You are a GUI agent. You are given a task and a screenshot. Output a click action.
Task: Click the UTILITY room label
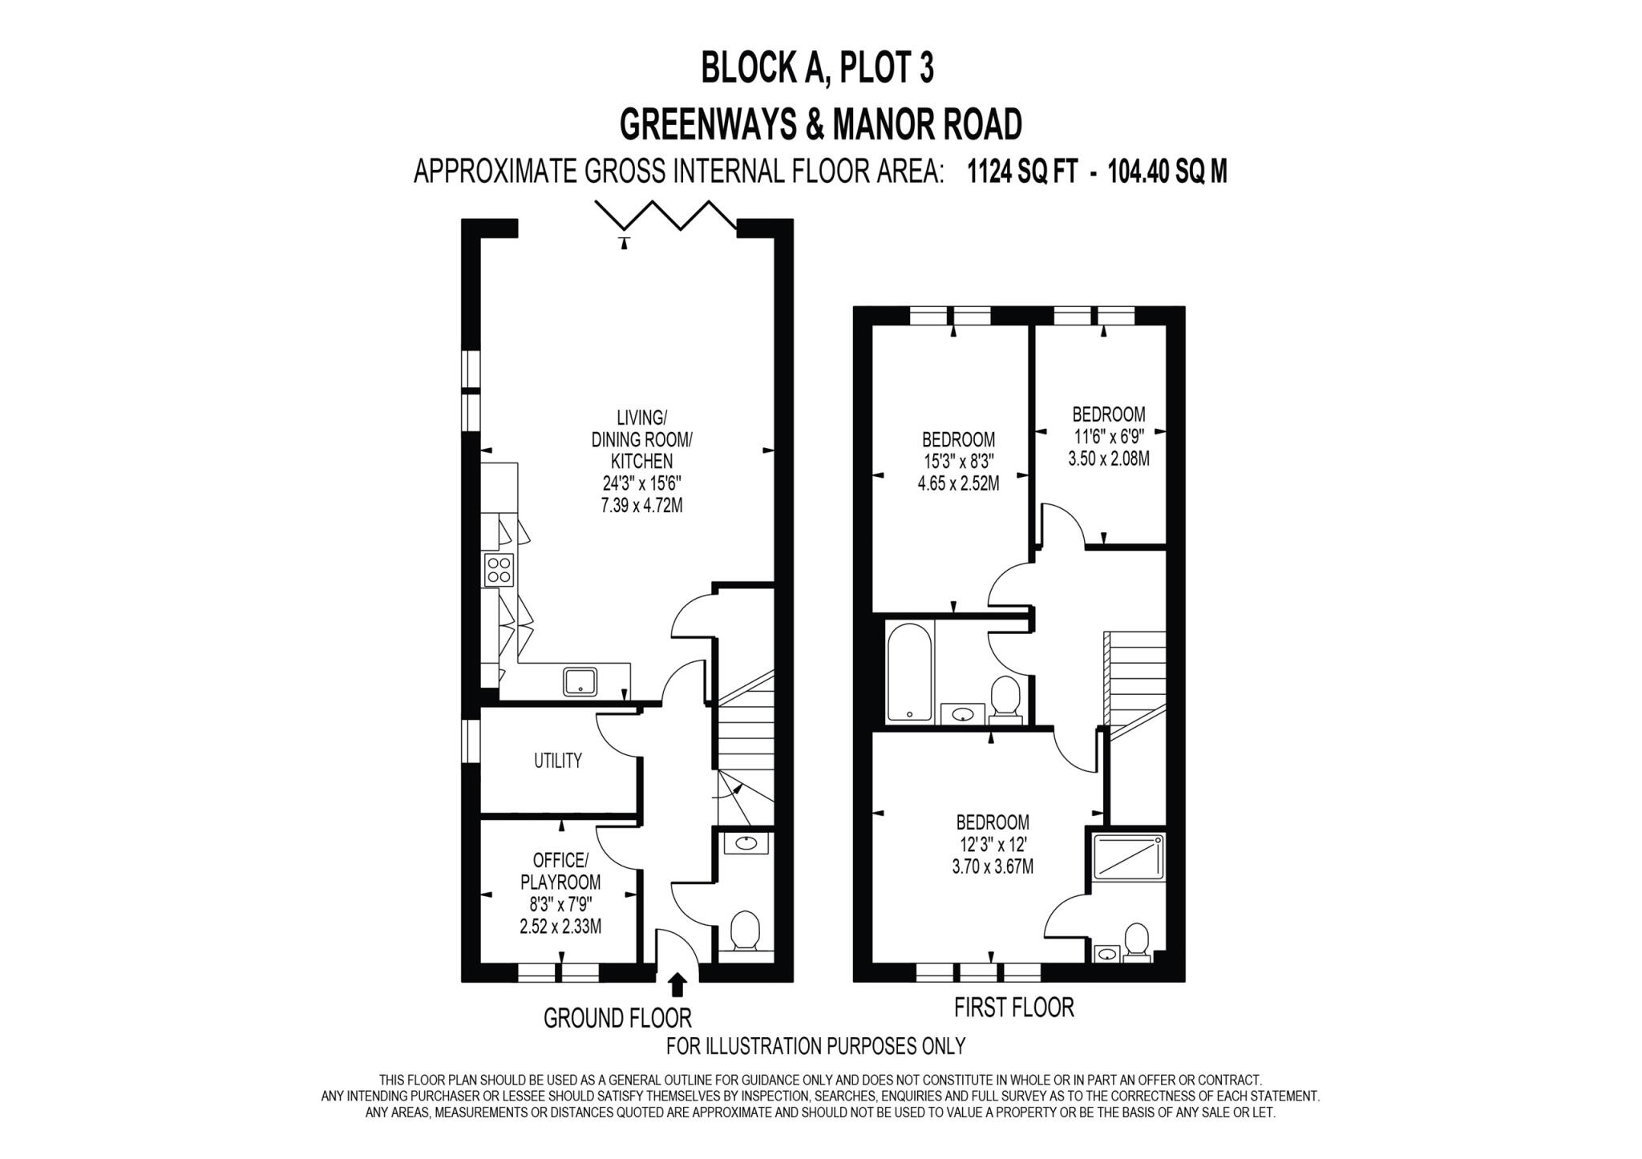[557, 761]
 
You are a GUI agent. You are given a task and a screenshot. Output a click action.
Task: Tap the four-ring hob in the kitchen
[499, 570]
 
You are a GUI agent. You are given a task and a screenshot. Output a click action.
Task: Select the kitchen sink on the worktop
[580, 681]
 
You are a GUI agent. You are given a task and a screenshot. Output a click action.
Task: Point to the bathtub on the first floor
[909, 672]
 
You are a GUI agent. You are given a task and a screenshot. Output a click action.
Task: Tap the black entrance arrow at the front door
[677, 984]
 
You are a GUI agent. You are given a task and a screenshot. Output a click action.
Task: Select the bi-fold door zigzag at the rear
[666, 216]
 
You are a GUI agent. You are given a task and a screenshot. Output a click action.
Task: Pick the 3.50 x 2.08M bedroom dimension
[1108, 458]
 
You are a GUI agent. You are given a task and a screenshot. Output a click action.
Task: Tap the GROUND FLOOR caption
[617, 1018]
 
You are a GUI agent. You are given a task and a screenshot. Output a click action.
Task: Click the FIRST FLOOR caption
[1013, 1007]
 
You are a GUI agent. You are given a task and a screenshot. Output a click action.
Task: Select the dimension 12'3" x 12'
[992, 844]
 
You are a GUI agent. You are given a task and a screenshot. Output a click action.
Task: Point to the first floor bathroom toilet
[1004, 696]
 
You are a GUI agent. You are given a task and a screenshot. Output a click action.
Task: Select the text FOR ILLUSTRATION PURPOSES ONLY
[815, 1046]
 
